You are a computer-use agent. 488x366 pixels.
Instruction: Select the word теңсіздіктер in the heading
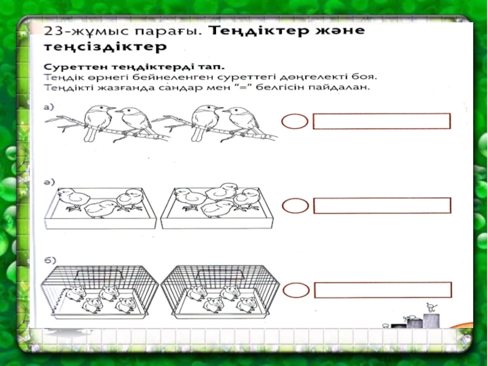tap(105, 48)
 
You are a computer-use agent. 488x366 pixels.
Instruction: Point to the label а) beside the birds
tap(49, 107)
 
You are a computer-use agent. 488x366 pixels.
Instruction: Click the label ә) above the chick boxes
tap(49, 182)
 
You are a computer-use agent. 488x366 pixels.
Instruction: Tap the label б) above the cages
tap(50, 260)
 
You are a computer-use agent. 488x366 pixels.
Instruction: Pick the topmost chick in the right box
tap(221, 192)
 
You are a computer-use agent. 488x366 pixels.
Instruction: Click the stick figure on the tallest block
tap(431, 307)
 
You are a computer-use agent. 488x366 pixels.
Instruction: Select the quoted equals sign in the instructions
tap(248, 87)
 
